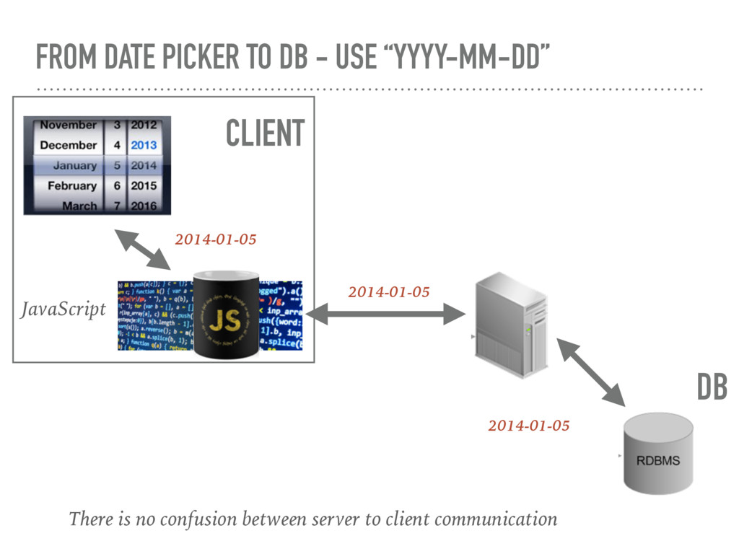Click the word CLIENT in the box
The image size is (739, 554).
[265, 133]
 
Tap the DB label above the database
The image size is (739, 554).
[712, 387]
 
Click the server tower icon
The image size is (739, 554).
[511, 325]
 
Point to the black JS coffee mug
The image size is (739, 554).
[226, 315]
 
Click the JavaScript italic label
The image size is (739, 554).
[63, 309]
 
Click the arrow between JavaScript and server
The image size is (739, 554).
[385, 314]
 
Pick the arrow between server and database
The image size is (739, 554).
[590, 371]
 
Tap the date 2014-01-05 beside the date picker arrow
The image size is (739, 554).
[215, 239]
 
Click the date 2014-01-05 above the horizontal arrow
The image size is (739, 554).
[388, 292]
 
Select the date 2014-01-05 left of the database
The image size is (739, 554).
[528, 426]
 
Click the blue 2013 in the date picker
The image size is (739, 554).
[144, 145]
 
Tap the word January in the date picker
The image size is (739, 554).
[74, 165]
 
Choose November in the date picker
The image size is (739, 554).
[68, 125]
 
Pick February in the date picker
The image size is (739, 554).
[72, 185]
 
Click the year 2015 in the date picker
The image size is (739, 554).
[144, 185]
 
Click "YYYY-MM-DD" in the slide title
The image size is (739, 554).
[465, 57]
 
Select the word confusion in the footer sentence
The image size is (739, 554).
[198, 519]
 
